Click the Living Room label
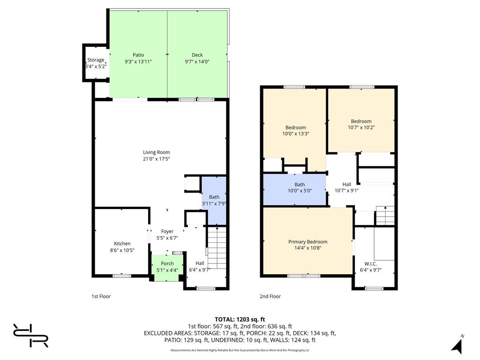pos(157,152)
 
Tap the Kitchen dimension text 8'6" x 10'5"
pos(122,250)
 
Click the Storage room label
pos(96,60)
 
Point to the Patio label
pos(138,55)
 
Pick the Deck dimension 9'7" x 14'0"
pos(197,61)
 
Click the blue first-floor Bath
pos(214,201)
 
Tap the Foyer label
pos(167,232)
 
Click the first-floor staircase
pos(217,248)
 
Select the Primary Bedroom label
pos(307,242)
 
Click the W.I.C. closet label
pos(371,264)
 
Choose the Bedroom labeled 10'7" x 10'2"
pos(361,120)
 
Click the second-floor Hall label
pos(346,184)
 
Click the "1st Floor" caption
pos(101,296)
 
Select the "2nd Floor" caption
pos(270,296)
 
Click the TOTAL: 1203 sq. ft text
pos(240,320)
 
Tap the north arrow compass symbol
pos(457,345)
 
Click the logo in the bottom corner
pos(30,336)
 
